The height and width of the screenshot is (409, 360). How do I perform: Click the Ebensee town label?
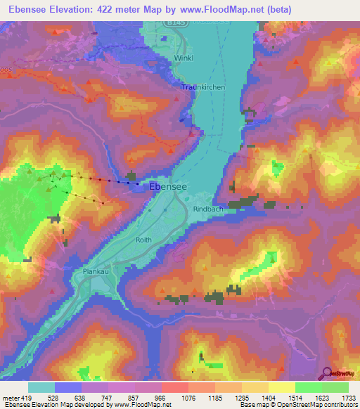pos(168,187)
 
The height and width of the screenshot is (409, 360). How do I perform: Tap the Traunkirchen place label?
pos(203,86)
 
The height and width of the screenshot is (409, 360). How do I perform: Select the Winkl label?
pos(185,58)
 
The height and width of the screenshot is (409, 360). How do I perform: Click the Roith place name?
pos(143,240)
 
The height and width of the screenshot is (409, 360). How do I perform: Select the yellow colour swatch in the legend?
pos(281,387)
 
